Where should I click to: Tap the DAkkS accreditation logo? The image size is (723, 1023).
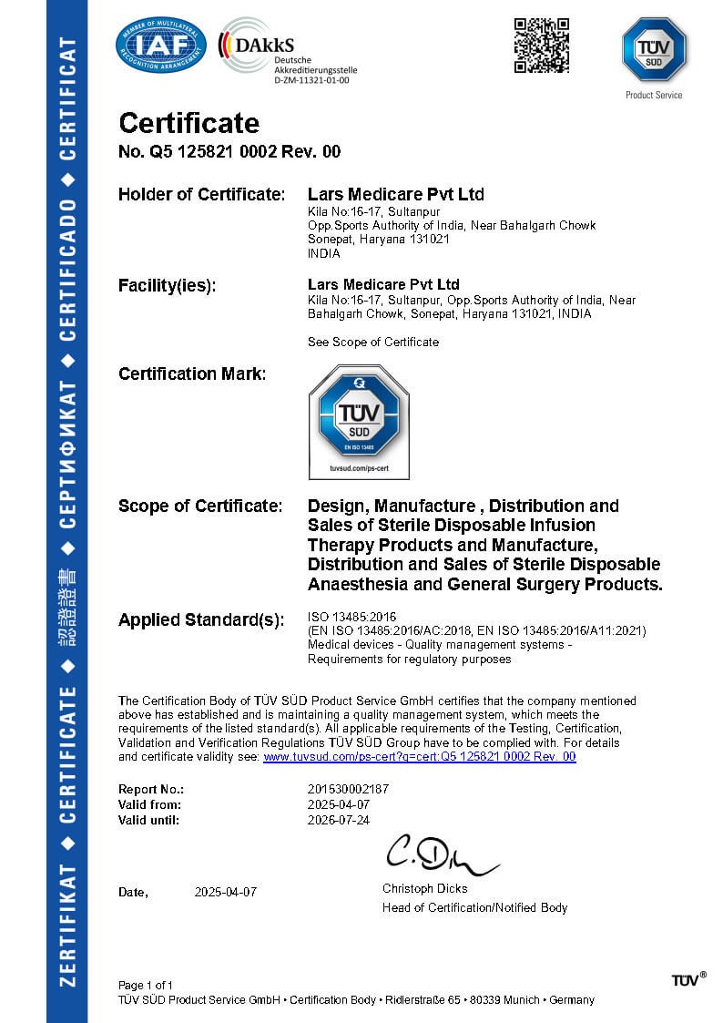[287, 50]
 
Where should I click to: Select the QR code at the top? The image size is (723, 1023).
[542, 45]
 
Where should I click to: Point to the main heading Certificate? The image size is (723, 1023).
[188, 123]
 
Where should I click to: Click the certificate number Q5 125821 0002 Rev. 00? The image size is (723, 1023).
[229, 152]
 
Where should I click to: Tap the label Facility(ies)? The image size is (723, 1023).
[168, 285]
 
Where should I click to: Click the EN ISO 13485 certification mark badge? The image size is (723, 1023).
[359, 421]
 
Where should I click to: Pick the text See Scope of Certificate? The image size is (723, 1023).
[373, 342]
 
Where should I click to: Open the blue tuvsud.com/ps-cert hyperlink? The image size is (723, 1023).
[419, 756]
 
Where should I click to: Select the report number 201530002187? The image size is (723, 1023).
[349, 789]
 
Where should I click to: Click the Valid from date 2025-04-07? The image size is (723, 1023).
[340, 804]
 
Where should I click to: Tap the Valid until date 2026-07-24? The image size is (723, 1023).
[340, 820]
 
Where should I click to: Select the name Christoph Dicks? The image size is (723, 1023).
[424, 888]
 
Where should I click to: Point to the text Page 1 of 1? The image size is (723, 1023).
[146, 985]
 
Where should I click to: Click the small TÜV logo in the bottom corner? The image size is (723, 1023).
[688, 979]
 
